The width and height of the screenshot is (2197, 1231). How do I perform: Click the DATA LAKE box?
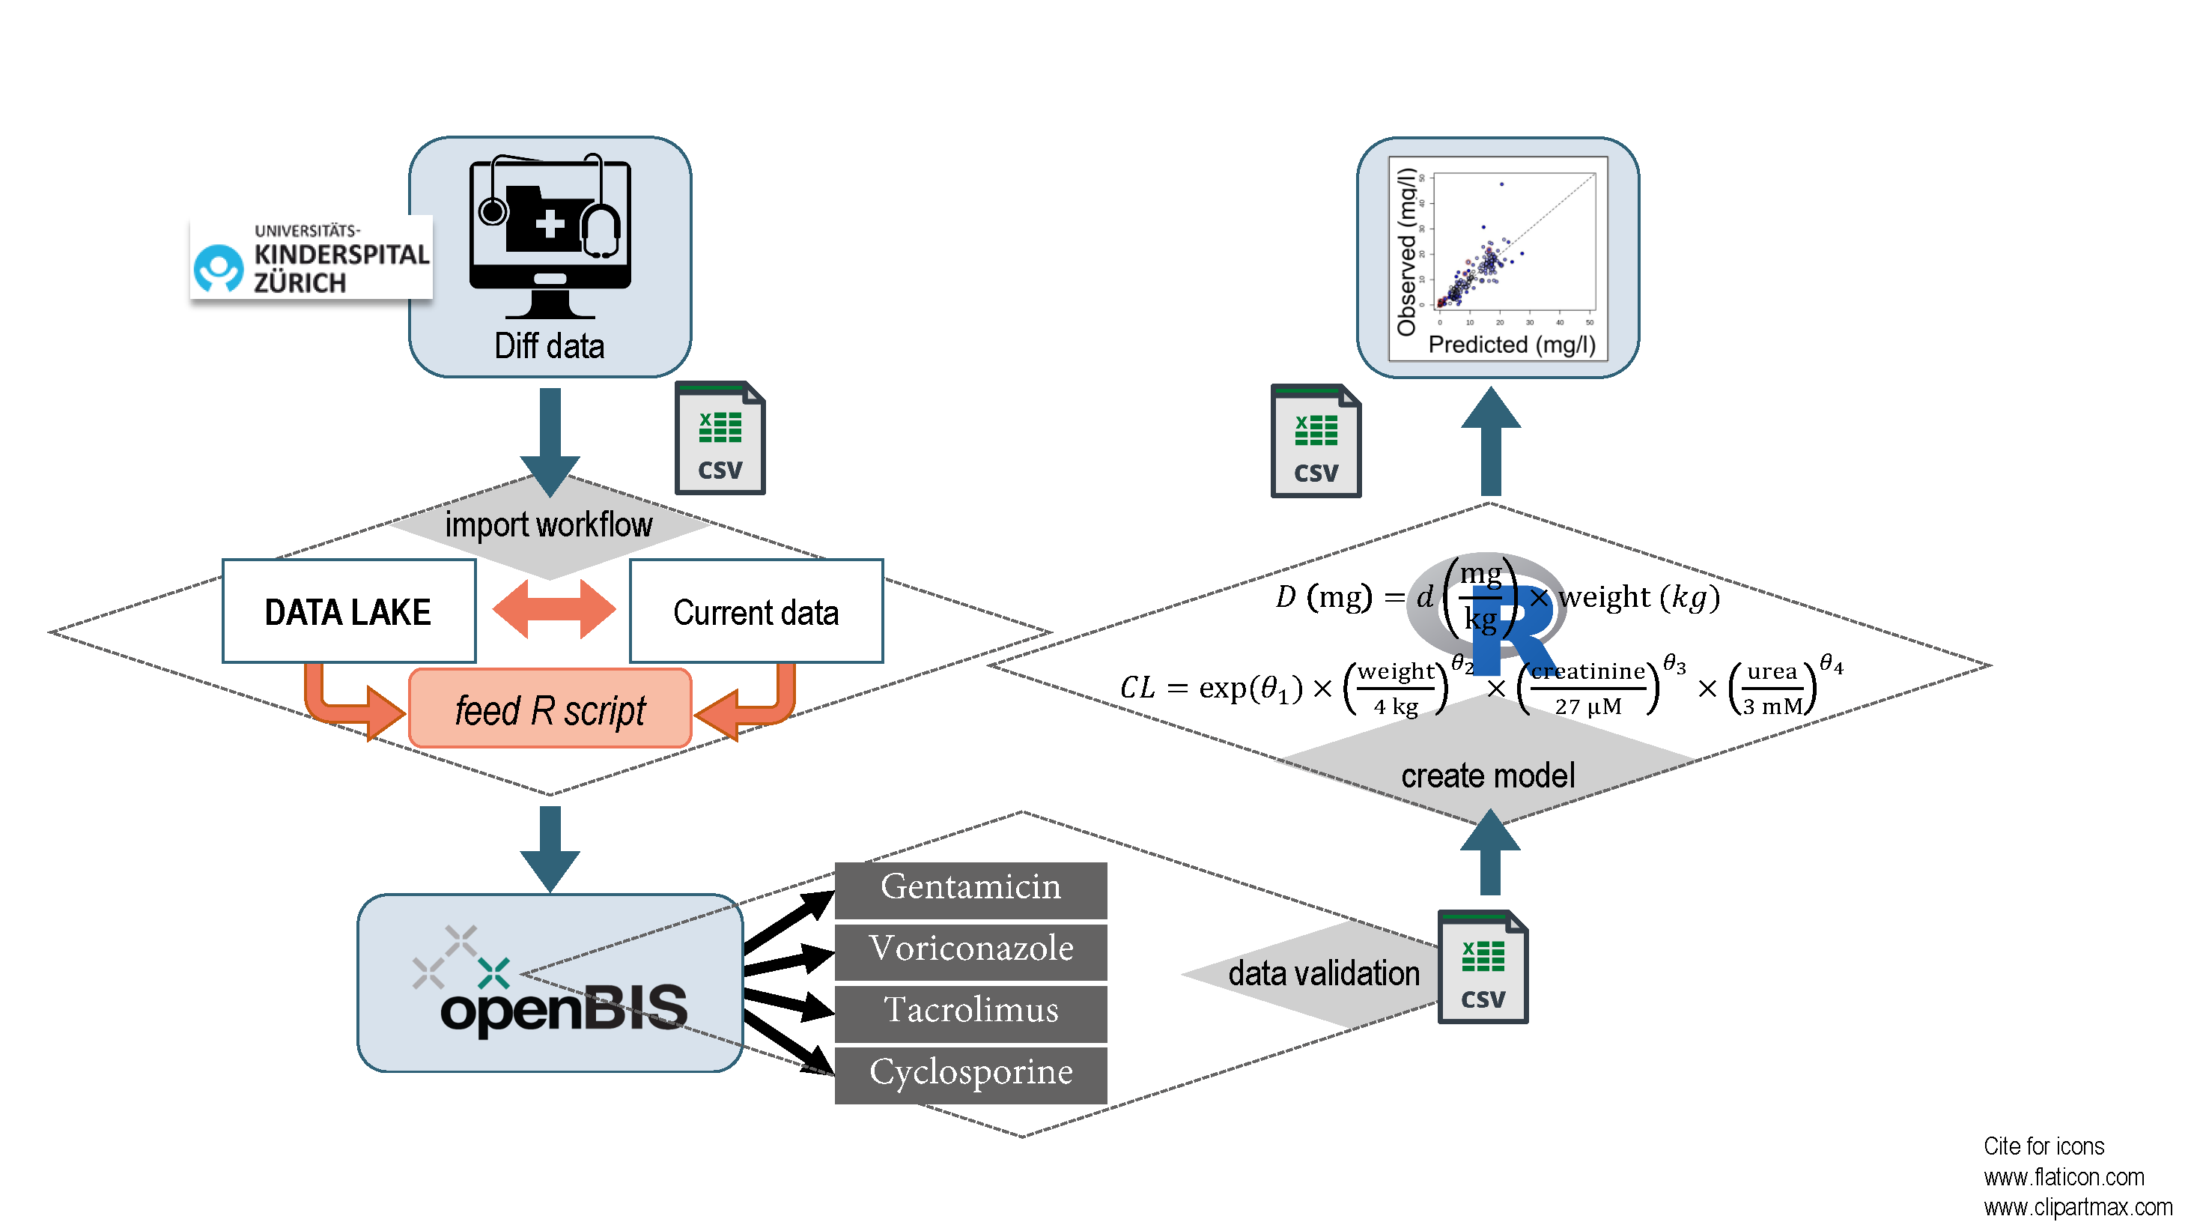tap(348, 611)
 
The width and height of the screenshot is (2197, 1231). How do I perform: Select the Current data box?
tap(756, 611)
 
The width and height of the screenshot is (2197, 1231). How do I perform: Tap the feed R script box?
tap(550, 709)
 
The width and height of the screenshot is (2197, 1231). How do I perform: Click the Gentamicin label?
tap(970, 888)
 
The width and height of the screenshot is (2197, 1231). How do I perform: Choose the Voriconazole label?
tap(970, 949)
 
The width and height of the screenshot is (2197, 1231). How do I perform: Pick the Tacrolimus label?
tap(970, 1011)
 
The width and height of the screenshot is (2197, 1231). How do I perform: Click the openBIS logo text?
tap(563, 1008)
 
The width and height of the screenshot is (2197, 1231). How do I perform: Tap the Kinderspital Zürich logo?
tap(311, 258)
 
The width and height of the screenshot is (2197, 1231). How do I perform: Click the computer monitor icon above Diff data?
tap(550, 235)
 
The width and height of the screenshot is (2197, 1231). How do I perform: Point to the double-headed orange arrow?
tap(553, 609)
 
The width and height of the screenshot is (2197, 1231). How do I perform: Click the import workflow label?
tap(548, 524)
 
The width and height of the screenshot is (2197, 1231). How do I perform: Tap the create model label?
tap(1487, 775)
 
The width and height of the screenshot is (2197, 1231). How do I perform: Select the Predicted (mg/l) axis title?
tap(1511, 345)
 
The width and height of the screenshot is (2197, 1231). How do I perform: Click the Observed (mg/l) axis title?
tap(1406, 252)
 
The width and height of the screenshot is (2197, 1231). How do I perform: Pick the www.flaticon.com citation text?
tap(2063, 1177)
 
